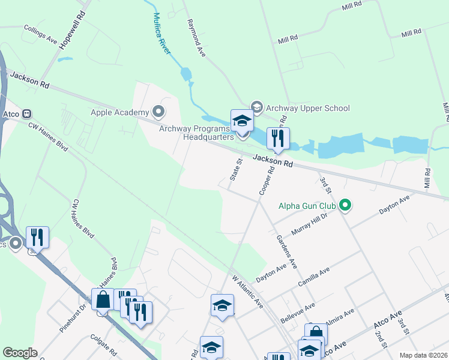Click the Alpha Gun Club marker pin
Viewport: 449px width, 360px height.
coord(345,206)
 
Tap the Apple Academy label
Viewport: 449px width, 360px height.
coord(119,112)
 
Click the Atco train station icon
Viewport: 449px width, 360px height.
coord(26,113)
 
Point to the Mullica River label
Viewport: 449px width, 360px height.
coord(161,34)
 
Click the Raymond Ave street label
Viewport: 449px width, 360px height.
coord(196,38)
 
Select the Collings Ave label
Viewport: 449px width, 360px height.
coord(40,35)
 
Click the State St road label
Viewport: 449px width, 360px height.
coord(236,170)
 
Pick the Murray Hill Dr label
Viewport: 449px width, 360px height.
coord(309,224)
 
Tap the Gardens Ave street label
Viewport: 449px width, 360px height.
coord(286,252)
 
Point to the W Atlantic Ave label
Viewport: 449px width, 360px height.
coord(248,292)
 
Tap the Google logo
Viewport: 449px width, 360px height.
coord(20,353)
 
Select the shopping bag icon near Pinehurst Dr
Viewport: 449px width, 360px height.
coord(103,299)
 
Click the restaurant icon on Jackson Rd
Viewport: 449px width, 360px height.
coord(278,139)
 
